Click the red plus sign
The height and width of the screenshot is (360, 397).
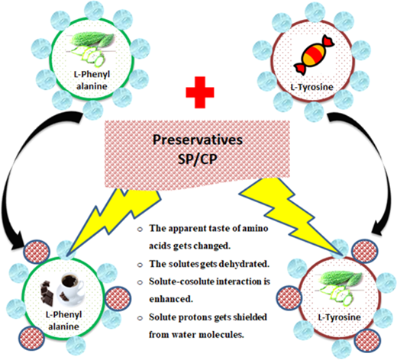[x=200, y=92]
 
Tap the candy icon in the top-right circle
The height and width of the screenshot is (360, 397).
[x=314, y=55]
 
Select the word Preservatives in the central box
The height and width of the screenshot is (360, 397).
[x=198, y=140]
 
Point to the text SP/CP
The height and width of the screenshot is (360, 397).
[x=198, y=159]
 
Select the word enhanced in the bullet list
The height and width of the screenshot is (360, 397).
[x=171, y=299]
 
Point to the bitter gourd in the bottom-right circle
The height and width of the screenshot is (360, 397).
[x=337, y=288]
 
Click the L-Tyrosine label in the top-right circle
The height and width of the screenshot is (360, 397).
[x=312, y=87]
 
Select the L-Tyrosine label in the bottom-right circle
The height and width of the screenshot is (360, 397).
[x=340, y=317]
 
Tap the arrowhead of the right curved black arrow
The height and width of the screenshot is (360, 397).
[x=379, y=228]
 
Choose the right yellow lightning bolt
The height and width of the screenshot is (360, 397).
[x=290, y=211]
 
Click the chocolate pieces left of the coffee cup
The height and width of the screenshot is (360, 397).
[x=48, y=293]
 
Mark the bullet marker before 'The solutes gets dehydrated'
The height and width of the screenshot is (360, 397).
[x=140, y=265]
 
